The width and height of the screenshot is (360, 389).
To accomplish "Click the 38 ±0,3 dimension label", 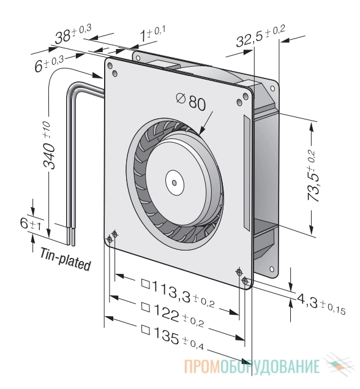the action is tap(73, 34).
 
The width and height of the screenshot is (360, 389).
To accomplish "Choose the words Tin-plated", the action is tap(66, 259).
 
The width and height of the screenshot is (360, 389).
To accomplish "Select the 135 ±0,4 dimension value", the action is tap(173, 338).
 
